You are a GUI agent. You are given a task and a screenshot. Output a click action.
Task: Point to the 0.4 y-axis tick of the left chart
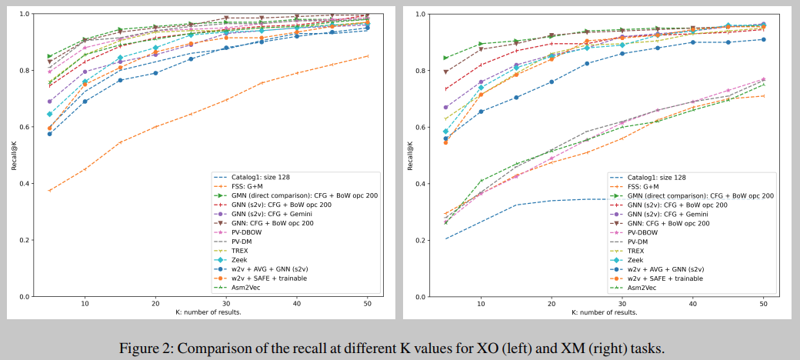25,183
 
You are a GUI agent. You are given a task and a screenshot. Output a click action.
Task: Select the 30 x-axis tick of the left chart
225,304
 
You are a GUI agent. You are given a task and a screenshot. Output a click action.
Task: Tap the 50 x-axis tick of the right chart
764,304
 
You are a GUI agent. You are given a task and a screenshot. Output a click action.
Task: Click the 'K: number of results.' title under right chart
605,312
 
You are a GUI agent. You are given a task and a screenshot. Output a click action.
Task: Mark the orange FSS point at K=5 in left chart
50,190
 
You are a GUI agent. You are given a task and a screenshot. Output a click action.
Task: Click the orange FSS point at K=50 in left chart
367,56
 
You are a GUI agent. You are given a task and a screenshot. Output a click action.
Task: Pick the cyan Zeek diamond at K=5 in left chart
50,114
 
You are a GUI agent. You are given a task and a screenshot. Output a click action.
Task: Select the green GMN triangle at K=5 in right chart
446,58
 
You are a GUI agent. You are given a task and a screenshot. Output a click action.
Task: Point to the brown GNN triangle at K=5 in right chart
446,72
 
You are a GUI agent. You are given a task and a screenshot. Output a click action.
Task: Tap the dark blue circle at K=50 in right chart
763,39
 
